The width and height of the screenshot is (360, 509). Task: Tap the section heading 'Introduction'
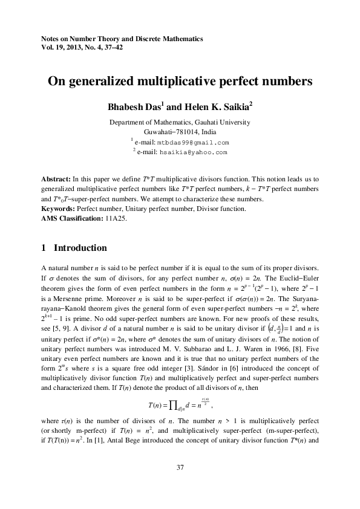[x=80, y=248]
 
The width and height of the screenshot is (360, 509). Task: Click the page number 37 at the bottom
[x=180, y=468]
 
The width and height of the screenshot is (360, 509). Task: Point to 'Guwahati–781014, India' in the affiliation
[x=180, y=132]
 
